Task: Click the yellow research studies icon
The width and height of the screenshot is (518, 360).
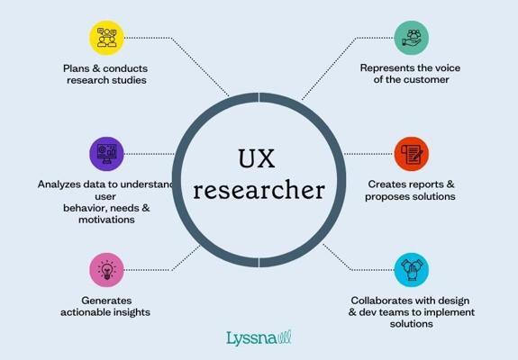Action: (106, 38)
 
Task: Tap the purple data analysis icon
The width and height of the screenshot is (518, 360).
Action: (106, 154)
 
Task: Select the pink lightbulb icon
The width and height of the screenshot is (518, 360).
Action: (106, 270)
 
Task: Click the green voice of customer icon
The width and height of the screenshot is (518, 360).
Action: (412, 38)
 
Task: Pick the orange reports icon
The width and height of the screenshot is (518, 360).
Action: (412, 154)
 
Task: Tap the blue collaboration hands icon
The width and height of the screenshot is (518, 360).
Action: (412, 270)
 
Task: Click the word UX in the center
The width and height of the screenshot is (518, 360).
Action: (257, 158)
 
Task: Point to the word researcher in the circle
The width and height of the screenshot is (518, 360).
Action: (259, 191)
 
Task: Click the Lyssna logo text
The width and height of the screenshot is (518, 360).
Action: (251, 339)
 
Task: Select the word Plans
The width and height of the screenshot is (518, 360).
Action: (77, 68)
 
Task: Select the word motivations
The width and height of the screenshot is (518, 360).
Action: (106, 220)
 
